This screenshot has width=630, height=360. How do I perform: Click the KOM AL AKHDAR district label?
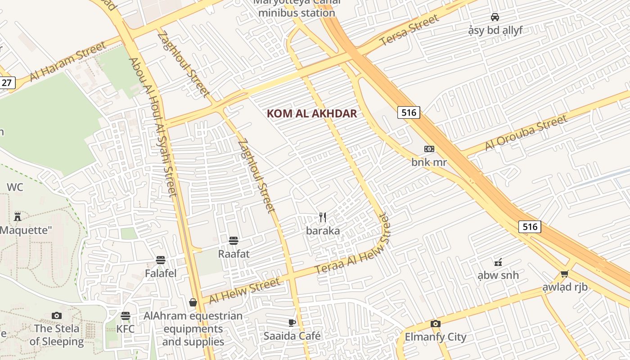(312, 113)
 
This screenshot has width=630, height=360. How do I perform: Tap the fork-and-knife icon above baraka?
(323, 218)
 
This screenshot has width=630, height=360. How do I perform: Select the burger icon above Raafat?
(233, 241)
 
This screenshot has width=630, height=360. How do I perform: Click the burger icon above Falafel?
(161, 260)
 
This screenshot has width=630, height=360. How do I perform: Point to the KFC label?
(126, 329)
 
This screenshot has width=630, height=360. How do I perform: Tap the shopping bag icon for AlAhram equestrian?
(193, 302)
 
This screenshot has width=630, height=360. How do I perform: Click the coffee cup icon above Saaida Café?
(292, 323)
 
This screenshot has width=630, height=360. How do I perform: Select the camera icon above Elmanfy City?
(435, 324)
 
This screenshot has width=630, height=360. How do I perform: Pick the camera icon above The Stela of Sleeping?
(57, 315)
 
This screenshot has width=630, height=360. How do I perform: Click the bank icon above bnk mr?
(429, 149)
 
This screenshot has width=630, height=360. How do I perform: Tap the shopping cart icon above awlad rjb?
(565, 274)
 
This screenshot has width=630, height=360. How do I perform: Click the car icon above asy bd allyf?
(495, 17)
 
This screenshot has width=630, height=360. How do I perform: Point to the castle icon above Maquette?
(18, 217)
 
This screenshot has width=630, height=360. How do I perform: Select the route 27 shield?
(7, 83)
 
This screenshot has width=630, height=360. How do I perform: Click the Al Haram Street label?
(68, 62)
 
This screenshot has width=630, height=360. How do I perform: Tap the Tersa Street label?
(409, 30)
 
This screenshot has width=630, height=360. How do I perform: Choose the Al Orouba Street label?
(526, 133)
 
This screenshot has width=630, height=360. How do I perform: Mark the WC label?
(15, 187)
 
